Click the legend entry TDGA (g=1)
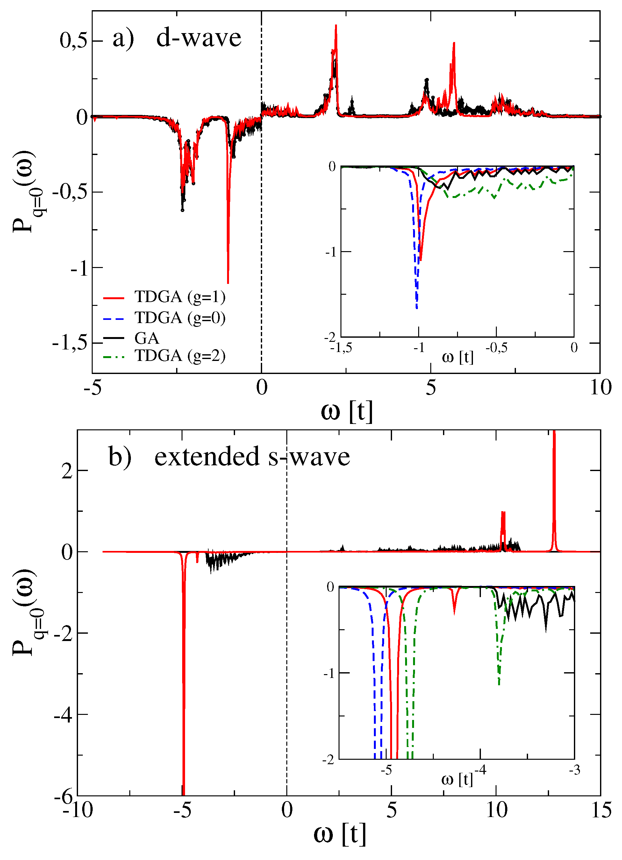(180, 297)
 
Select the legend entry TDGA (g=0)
(180, 318)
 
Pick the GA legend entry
(147, 338)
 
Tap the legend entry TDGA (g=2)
(180, 356)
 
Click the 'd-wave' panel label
(198, 38)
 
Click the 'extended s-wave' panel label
(252, 456)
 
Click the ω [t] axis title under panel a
(347, 412)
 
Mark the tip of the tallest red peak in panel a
(336, 25)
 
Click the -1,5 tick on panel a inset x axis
(341, 348)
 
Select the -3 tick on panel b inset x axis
(574, 770)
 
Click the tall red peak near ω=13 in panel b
(554, 432)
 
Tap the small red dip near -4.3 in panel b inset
(454, 614)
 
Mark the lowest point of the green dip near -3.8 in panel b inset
(499, 684)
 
